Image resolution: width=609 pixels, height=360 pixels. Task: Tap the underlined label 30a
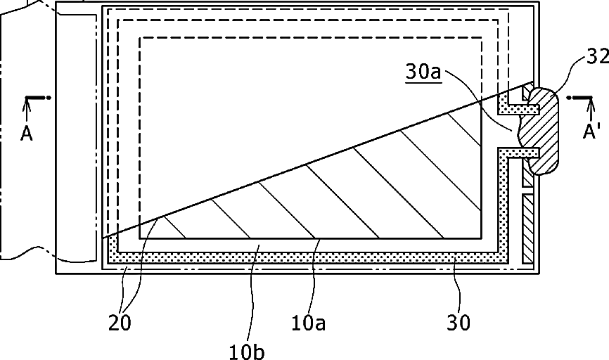point(423,72)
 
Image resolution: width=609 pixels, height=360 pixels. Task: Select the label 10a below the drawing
point(309,323)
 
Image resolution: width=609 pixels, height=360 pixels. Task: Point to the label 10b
point(247,352)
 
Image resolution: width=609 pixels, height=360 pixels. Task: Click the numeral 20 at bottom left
point(120,323)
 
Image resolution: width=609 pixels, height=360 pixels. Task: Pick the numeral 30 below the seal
point(459,323)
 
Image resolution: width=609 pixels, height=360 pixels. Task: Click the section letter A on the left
point(27,134)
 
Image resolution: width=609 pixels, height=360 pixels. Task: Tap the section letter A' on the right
point(591,132)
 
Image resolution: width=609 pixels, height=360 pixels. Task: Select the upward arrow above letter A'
point(590,110)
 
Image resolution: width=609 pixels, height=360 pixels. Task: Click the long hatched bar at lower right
point(527,229)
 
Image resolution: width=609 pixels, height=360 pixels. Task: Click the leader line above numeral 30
point(459,288)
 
